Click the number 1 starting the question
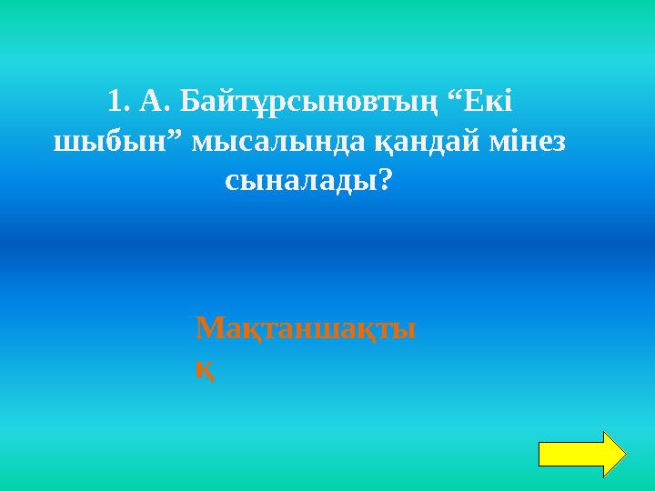point(114,101)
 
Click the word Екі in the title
point(498,101)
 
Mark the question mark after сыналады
point(385,183)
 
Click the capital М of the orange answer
point(208,327)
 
